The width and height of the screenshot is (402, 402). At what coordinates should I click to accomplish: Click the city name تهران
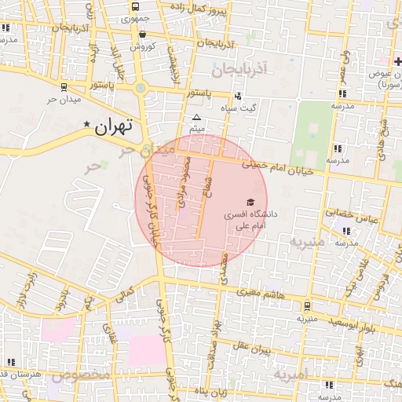point(115,126)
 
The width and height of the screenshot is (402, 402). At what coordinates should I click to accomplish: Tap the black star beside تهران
point(86,124)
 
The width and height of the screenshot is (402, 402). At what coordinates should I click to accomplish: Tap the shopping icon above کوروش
point(142,35)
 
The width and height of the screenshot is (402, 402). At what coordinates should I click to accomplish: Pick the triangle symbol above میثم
point(196,118)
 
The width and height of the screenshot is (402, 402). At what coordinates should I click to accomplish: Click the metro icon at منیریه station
point(306,306)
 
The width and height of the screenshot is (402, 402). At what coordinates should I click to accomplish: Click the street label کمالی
point(124,294)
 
